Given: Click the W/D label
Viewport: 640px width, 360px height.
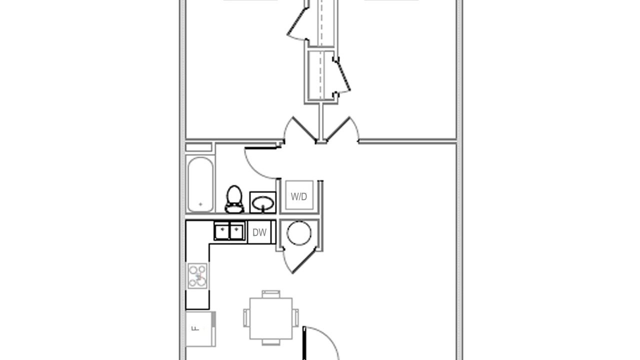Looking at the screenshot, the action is pos(299,196).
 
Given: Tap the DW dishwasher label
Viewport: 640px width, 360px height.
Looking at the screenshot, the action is pos(259,232).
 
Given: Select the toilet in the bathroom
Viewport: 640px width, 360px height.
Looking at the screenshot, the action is pos(234,199).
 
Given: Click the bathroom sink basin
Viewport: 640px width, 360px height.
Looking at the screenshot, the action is pos(263,203).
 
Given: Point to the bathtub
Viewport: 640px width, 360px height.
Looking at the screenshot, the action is pos(200,184).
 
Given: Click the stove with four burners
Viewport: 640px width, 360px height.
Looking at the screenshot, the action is pos(197,275).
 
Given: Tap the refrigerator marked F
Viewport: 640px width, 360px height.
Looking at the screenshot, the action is pos(200,329).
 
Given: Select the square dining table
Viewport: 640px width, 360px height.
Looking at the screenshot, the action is pos(271,318).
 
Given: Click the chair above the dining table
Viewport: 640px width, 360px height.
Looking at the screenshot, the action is pos(271,294).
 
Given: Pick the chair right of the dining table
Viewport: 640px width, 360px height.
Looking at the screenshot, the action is pos(295,317).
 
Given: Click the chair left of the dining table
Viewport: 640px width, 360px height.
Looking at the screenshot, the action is pos(246,317).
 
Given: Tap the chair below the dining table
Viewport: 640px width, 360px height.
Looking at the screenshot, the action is pos(271,342).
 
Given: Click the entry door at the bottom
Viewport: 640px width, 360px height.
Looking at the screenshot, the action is pos(304,343).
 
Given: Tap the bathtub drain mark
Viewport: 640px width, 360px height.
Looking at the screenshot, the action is pos(200,204).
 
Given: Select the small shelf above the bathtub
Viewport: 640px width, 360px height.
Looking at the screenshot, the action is pos(198,147).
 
